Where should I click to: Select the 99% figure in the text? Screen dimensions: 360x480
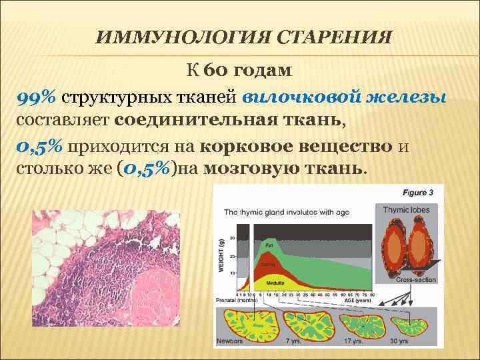(x=36, y=99)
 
